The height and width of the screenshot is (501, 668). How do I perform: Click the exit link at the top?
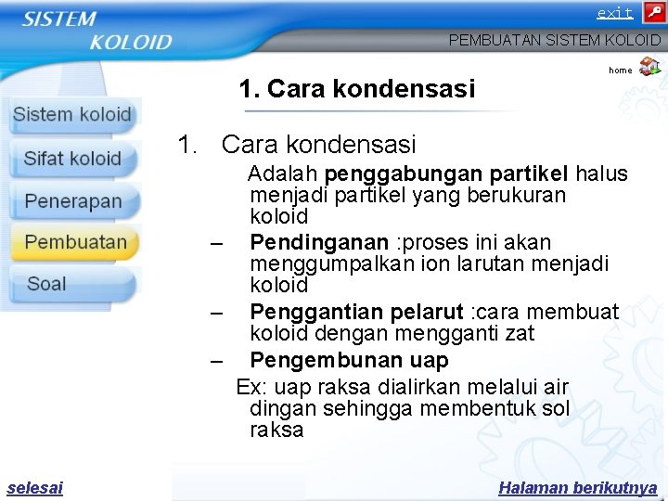(614, 13)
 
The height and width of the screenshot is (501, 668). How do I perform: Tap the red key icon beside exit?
(653, 13)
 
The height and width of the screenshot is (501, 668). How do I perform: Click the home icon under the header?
(650, 67)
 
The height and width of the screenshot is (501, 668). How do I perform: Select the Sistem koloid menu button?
(72, 116)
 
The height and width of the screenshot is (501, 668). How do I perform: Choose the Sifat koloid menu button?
(72, 159)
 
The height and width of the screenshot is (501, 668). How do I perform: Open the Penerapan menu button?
(73, 201)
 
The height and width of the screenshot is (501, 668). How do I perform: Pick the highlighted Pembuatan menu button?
(75, 242)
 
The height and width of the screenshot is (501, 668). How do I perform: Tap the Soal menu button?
(46, 284)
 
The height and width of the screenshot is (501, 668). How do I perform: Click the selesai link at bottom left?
(34, 488)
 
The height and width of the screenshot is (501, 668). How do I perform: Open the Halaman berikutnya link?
(577, 488)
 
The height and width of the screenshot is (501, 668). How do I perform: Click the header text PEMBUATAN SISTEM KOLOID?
(555, 40)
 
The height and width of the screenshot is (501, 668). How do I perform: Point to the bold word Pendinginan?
(319, 243)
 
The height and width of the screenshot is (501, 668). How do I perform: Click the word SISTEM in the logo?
(59, 19)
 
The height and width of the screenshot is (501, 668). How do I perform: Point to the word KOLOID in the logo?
(131, 42)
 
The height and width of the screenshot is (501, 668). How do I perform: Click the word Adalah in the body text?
(283, 173)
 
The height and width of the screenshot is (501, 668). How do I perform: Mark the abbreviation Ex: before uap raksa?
(250, 387)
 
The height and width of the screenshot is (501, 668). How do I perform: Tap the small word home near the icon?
(621, 71)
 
